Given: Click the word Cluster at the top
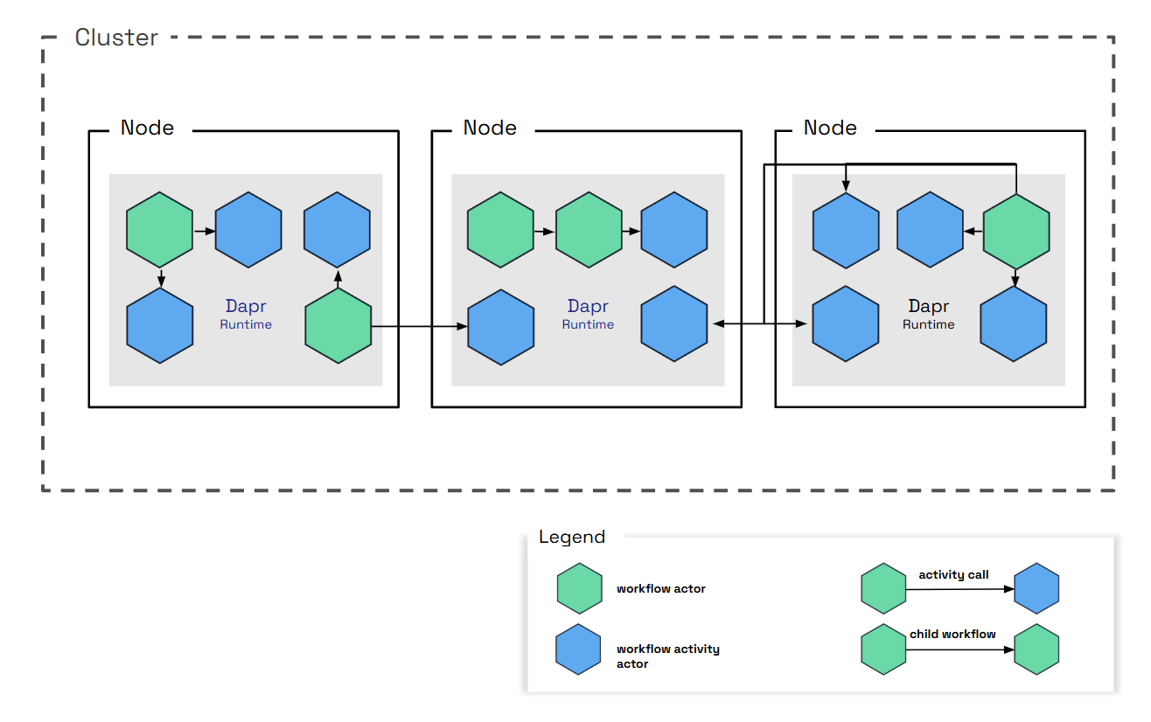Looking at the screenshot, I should [116, 38].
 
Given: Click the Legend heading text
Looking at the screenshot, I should [572, 537].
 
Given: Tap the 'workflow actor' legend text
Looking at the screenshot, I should [660, 588].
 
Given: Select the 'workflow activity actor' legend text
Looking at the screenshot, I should [667, 656].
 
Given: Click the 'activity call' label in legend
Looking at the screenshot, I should [953, 574].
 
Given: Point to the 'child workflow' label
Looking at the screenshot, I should [952, 634].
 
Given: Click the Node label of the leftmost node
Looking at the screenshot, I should [147, 128].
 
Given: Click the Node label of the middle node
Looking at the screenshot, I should [490, 128].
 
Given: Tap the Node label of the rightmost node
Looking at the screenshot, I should [830, 128].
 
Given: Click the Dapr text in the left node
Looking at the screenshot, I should [245, 307].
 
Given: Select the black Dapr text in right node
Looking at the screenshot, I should [929, 307].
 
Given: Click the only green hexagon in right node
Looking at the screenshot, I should [1016, 231].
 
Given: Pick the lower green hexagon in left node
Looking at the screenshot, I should [338, 326].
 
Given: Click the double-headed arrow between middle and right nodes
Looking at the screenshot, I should [759, 324].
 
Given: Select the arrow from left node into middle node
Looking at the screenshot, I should [418, 327].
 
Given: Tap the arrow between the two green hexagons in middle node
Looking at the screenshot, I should [544, 232].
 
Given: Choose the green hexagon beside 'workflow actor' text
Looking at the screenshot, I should [580, 587].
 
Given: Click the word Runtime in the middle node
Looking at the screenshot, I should [588, 324].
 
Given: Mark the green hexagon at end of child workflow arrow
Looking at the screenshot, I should [1036, 649].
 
